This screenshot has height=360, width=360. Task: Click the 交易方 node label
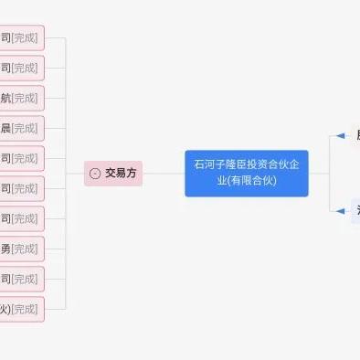pos(121,173)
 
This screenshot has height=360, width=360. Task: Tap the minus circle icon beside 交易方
pos(95,174)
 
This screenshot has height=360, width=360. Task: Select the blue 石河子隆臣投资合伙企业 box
pos(247,173)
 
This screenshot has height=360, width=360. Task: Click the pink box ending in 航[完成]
pos(22,98)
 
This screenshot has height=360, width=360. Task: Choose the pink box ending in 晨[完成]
pos(22,128)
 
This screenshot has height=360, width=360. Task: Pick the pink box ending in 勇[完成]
pos(22,249)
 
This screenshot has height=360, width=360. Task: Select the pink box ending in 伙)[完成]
pos(22,309)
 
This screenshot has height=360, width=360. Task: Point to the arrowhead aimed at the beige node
pos(340,136)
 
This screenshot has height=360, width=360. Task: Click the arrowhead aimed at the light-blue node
pos(340,211)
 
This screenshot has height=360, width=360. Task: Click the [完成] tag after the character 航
pos(25,98)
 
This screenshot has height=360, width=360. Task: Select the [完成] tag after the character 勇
pos(25,249)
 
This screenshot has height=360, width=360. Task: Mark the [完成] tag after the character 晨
pos(25,128)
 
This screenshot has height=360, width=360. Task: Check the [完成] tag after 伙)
pos(25,309)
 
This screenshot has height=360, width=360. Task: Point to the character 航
pos(5,98)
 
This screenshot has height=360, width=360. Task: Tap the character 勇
pos(5,249)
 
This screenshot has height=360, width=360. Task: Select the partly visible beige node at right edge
pos(355,136)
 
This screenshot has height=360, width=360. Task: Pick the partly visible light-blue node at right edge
pos(355,211)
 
